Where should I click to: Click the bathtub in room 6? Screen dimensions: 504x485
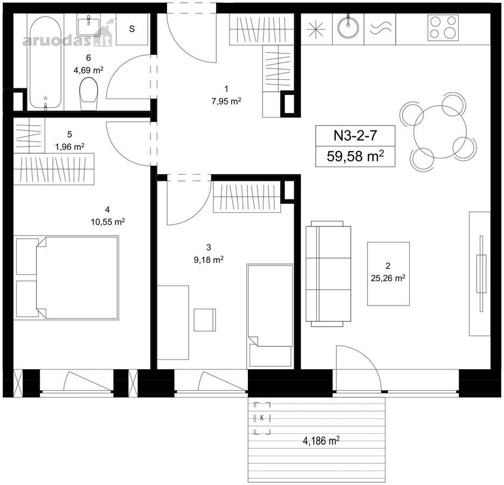(45, 62)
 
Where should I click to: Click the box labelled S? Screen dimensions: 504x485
(132, 29)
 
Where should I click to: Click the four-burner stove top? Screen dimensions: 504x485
(443, 27)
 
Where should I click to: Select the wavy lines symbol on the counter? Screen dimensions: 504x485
(381, 28)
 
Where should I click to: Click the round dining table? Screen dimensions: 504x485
(440, 132)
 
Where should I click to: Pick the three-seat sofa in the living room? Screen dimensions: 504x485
(328, 274)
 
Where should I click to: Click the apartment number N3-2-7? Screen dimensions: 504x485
(355, 135)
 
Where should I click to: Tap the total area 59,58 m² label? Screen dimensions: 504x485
(355, 156)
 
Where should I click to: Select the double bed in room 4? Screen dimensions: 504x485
(67, 278)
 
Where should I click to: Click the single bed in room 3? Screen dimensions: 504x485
(270, 316)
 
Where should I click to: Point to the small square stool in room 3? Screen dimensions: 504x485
(205, 320)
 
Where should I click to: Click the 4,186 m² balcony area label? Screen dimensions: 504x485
(321, 440)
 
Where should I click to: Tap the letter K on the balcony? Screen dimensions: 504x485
(262, 418)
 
